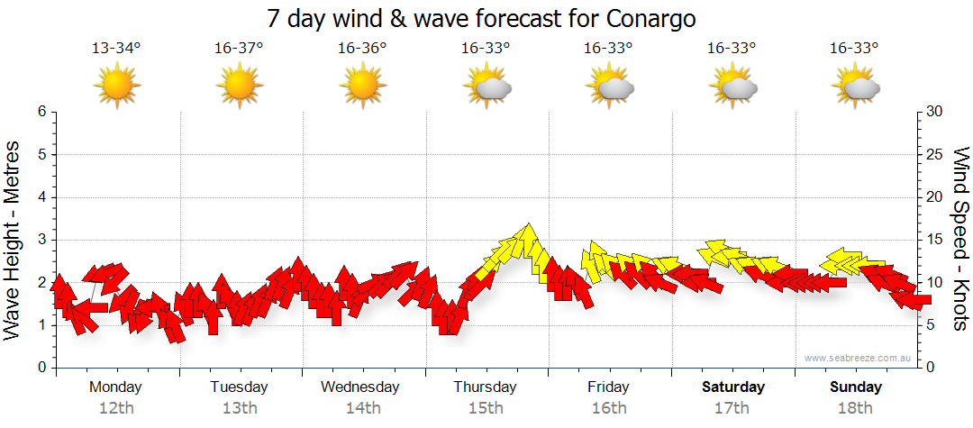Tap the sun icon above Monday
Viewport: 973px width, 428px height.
point(117,86)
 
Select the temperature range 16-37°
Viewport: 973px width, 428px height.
point(239,48)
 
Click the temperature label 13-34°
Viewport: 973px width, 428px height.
point(116,48)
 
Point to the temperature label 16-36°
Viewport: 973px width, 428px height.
point(362,48)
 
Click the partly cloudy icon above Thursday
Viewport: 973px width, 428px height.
point(486,87)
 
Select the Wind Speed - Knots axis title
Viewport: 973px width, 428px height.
point(959,239)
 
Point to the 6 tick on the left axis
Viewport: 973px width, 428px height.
point(41,112)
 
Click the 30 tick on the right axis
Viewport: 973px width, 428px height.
point(935,112)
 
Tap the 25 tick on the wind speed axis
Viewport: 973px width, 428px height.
point(935,154)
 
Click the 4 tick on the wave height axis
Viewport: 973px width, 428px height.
point(41,197)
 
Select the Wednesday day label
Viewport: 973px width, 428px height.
point(360,387)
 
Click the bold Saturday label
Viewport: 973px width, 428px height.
point(733,387)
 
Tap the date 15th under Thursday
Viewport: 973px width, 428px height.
point(486,408)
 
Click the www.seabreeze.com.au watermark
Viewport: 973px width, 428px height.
point(859,358)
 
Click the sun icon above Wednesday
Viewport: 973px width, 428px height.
point(362,86)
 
